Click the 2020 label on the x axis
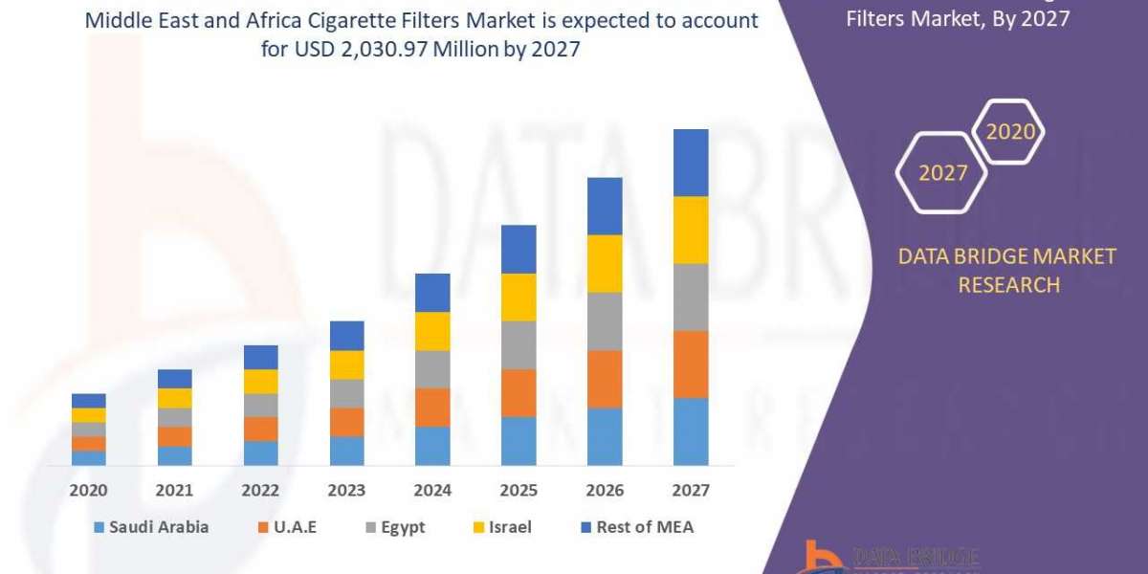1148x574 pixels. click(88, 490)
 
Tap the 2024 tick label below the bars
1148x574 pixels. click(432, 490)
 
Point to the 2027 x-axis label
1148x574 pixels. click(691, 490)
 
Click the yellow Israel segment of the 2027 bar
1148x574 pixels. click(691, 230)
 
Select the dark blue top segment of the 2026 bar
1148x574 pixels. click(605, 206)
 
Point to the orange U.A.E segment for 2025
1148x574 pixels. click(519, 392)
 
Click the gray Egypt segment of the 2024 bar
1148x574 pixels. click(432, 368)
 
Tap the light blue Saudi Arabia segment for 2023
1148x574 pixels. click(346, 451)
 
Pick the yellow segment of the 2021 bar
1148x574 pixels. click(174, 398)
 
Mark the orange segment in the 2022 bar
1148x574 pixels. click(260, 429)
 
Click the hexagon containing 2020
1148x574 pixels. click(1009, 132)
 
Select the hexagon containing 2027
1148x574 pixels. click(942, 173)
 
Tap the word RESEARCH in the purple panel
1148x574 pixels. click(1008, 285)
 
